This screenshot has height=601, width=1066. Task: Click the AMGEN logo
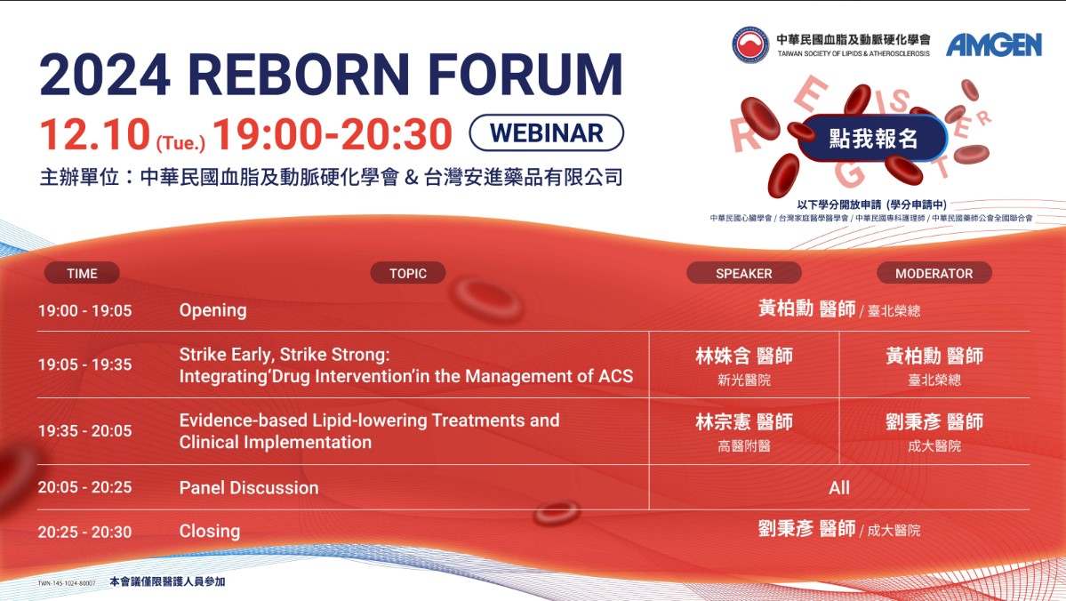pos(994,44)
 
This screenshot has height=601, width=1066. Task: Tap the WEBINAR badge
pos(547,132)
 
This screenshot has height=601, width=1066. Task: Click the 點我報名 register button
pos(873,139)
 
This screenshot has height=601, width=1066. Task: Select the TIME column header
pos(83,273)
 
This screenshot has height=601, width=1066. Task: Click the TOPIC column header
pos(408,273)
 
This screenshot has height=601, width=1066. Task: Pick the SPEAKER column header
pos(744,273)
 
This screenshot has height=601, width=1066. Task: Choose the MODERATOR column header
pos(934,273)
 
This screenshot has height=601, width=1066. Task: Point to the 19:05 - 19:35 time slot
pos(85,365)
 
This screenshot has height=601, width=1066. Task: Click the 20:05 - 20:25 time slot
pos(85,487)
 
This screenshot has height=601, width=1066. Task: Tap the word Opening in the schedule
pos(212,310)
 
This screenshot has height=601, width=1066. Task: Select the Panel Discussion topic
pos(249,487)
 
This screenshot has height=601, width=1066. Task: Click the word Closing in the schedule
pos(210,531)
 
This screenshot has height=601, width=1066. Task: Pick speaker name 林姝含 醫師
pos(744,356)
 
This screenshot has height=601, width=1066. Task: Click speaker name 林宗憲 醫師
pos(744,421)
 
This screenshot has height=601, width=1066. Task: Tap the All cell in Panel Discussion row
pos(839,487)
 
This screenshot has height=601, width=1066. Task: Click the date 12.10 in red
pos(94,134)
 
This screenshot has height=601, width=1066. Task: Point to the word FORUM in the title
pos(525,74)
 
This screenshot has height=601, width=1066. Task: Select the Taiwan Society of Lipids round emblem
pos(750,44)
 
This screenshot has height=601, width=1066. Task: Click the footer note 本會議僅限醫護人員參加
pos(167,581)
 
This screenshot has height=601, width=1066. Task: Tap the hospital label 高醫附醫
pos(744,446)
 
